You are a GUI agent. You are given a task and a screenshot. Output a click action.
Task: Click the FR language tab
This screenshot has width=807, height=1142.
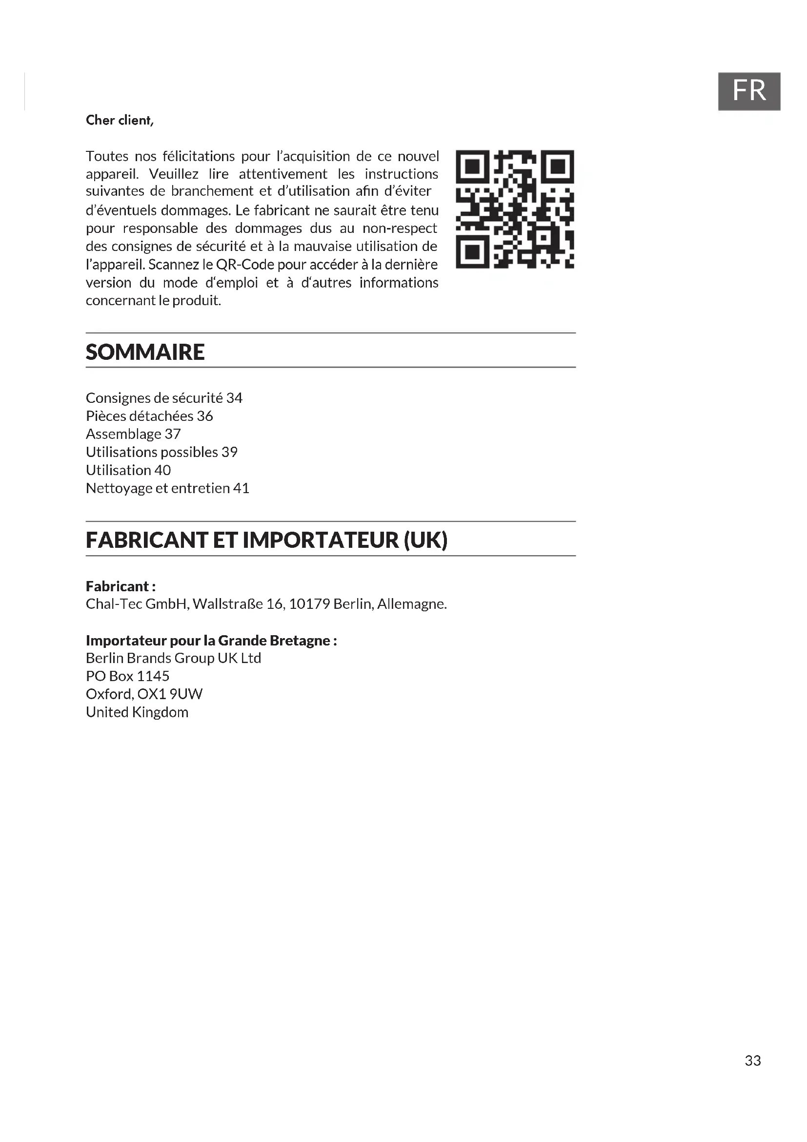pos(749,91)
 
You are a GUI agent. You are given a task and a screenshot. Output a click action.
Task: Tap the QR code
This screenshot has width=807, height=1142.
pos(515,209)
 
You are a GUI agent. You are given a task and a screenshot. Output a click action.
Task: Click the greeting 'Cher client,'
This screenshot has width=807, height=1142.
pos(120,121)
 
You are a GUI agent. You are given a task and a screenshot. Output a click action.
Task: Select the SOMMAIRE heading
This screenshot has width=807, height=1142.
pos(145,352)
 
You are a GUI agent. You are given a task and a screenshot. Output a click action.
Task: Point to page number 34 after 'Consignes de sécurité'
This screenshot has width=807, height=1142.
pos(235,398)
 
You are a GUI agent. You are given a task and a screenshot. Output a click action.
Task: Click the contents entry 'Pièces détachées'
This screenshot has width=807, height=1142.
pos(140,416)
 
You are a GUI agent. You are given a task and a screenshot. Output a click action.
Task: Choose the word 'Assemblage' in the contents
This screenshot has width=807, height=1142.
pos(123,434)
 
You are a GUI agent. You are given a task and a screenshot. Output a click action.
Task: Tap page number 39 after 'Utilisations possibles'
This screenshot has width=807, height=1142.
pos(230,452)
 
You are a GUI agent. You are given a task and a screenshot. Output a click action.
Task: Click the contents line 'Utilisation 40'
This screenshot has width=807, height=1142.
pos(128,470)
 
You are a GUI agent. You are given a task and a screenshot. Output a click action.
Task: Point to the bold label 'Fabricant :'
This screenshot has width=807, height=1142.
pos(121,586)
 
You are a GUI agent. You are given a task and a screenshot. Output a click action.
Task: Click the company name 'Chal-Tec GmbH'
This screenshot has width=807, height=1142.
pos(137,604)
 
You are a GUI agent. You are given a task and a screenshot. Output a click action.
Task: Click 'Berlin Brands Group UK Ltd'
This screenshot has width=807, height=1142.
pos(173,658)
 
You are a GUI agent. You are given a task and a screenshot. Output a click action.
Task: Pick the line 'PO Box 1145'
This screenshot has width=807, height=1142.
pos(128,676)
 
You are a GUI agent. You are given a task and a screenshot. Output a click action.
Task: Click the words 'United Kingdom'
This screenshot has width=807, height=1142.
pos(137,712)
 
